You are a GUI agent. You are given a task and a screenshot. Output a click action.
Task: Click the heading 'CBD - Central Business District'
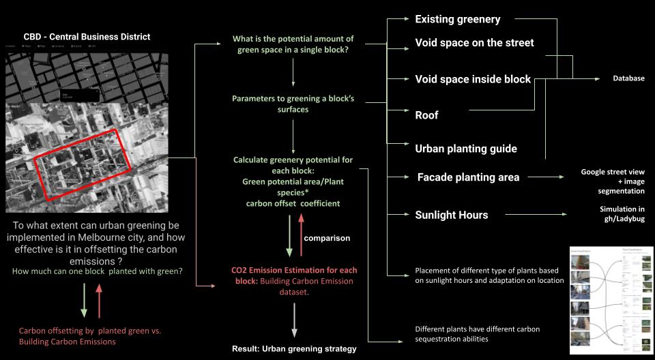coord(87,36)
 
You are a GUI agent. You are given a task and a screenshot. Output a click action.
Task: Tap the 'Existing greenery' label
coord(457,19)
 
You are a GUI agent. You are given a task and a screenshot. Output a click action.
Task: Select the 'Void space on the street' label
coord(474,43)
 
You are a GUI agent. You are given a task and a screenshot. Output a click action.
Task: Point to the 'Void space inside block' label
coord(473,79)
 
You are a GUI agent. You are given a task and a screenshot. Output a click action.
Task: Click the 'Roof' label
coord(426,115)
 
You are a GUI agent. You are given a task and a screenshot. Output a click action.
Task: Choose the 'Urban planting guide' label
coord(466,149)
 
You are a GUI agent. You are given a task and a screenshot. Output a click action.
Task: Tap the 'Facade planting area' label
coord(468,177)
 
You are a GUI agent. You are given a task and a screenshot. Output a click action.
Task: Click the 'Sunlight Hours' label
coord(451,215)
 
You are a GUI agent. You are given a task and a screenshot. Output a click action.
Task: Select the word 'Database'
coord(628,78)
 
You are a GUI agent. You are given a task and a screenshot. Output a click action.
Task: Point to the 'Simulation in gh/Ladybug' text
coord(622,213)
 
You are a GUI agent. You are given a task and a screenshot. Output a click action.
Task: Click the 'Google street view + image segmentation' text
coord(613,181)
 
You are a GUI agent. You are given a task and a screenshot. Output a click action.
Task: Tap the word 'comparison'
coord(327,238)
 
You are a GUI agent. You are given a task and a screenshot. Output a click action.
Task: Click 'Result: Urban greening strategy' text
coord(293,349)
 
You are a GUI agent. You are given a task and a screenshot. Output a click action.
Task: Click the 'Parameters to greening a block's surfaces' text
coord(293,104)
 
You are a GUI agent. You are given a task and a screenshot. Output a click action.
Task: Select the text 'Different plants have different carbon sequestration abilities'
coord(478,333)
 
